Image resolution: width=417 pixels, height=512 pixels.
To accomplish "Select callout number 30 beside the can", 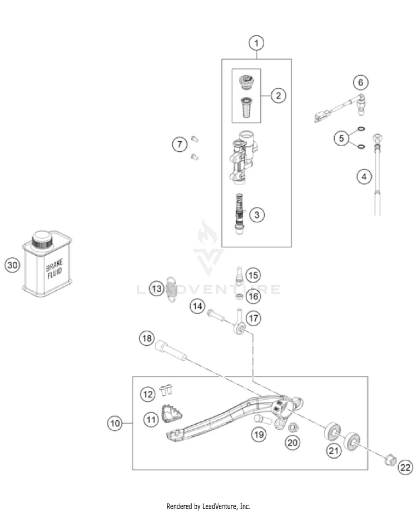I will tap(13, 265).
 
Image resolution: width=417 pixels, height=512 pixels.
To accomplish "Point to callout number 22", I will tap(405, 468).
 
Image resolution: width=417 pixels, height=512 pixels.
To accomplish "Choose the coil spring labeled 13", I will tap(172, 291).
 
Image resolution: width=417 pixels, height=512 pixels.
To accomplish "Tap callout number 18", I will tap(146, 338).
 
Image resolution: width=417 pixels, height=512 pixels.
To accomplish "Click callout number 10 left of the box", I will tap(114, 424).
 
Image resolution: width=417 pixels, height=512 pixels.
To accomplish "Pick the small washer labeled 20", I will tap(292, 428).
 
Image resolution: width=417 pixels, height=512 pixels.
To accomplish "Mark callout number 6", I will tap(360, 83).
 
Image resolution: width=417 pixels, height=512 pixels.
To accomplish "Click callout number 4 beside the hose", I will tap(364, 177).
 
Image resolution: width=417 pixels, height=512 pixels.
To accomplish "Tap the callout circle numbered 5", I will tap(342, 137).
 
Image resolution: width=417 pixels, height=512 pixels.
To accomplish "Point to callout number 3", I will tap(257, 214).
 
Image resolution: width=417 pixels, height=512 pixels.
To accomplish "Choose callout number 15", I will tap(254, 275).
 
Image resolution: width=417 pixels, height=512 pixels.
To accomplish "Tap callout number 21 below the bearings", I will tap(333, 451).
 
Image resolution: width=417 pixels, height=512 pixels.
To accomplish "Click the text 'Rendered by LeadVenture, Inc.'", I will tap(209, 506).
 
